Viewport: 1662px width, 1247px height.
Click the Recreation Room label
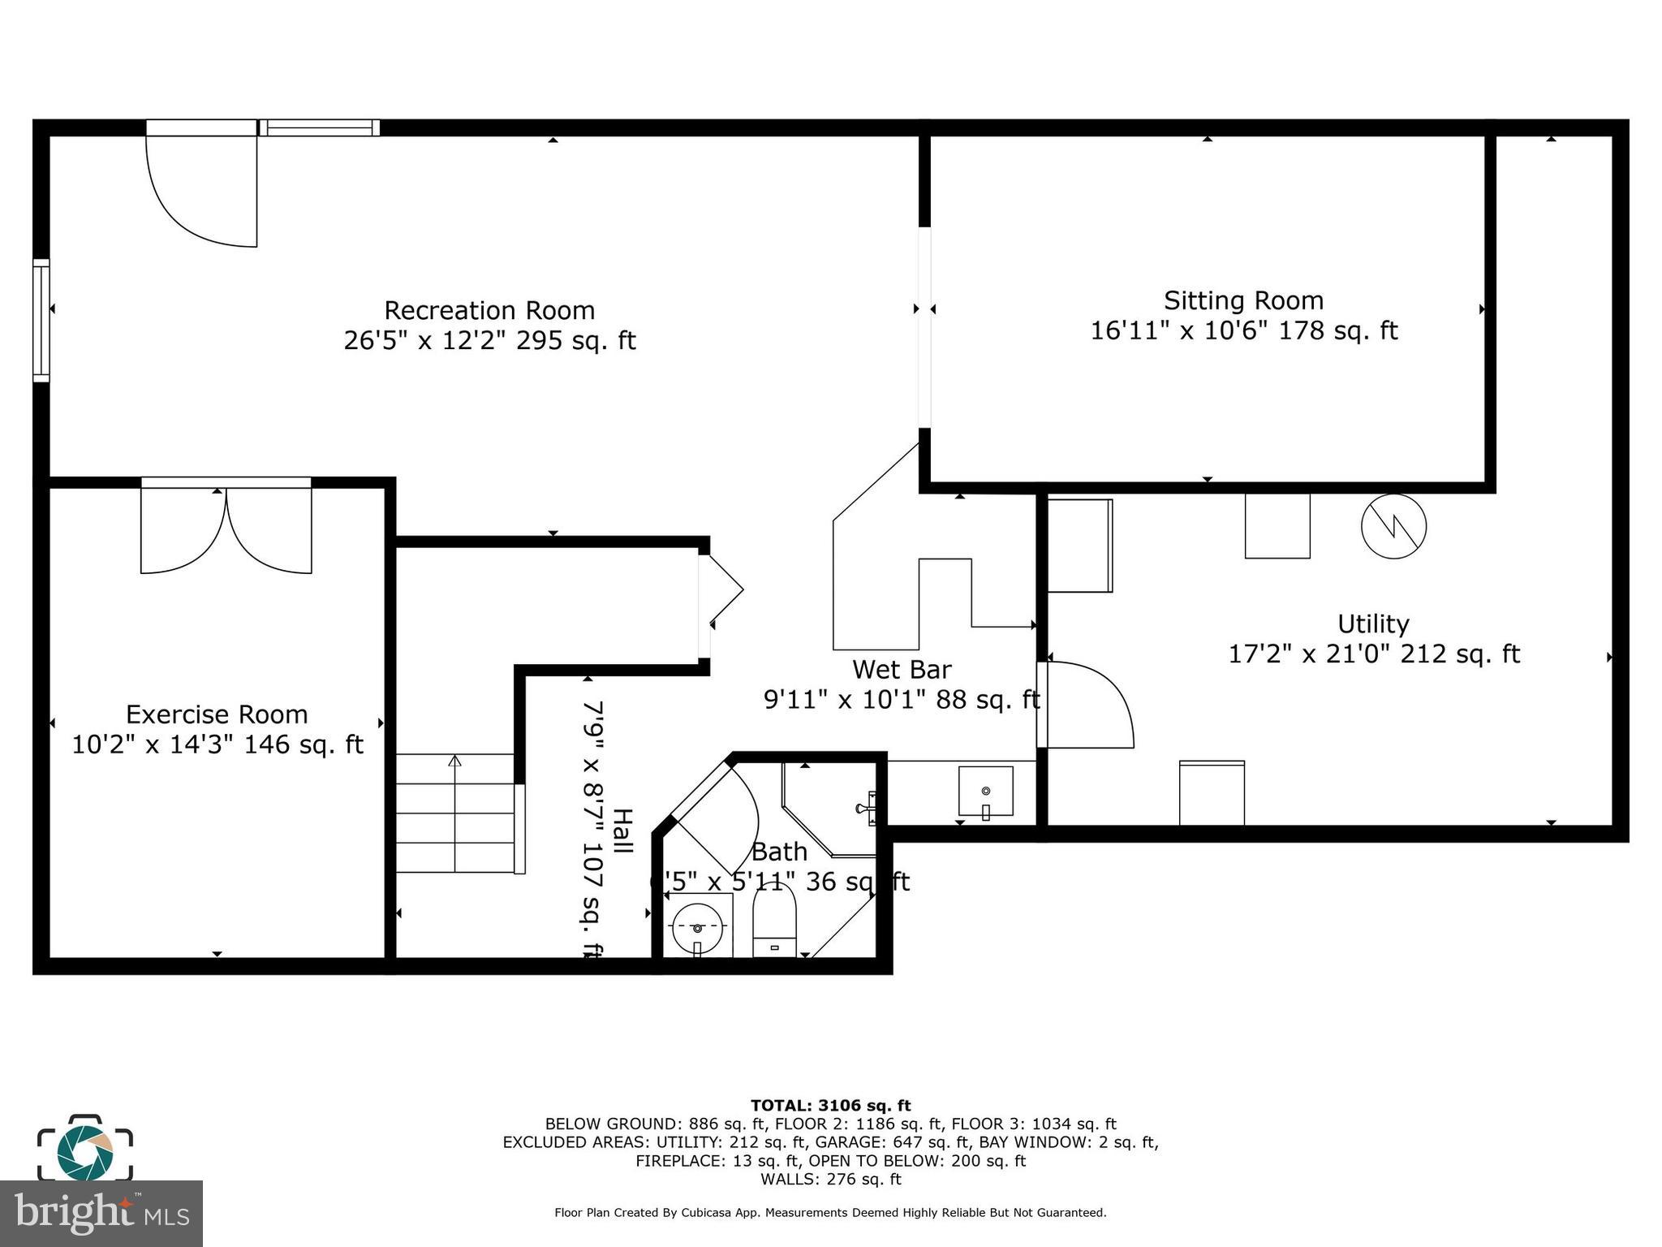coord(489,310)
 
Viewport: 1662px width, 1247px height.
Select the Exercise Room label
coord(217,714)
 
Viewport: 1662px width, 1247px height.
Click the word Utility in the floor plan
coord(1373,623)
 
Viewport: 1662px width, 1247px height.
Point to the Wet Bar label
coord(902,669)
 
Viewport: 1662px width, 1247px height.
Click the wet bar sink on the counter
coord(985,791)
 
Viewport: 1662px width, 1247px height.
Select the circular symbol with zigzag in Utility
coord(1393,526)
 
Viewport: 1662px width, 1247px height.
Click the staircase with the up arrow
coord(455,813)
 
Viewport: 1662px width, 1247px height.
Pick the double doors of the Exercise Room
coord(226,528)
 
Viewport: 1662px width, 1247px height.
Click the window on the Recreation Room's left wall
coord(41,320)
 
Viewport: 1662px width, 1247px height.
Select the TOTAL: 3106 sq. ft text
coord(830,1105)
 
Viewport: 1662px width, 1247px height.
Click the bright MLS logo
coord(101,1213)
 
